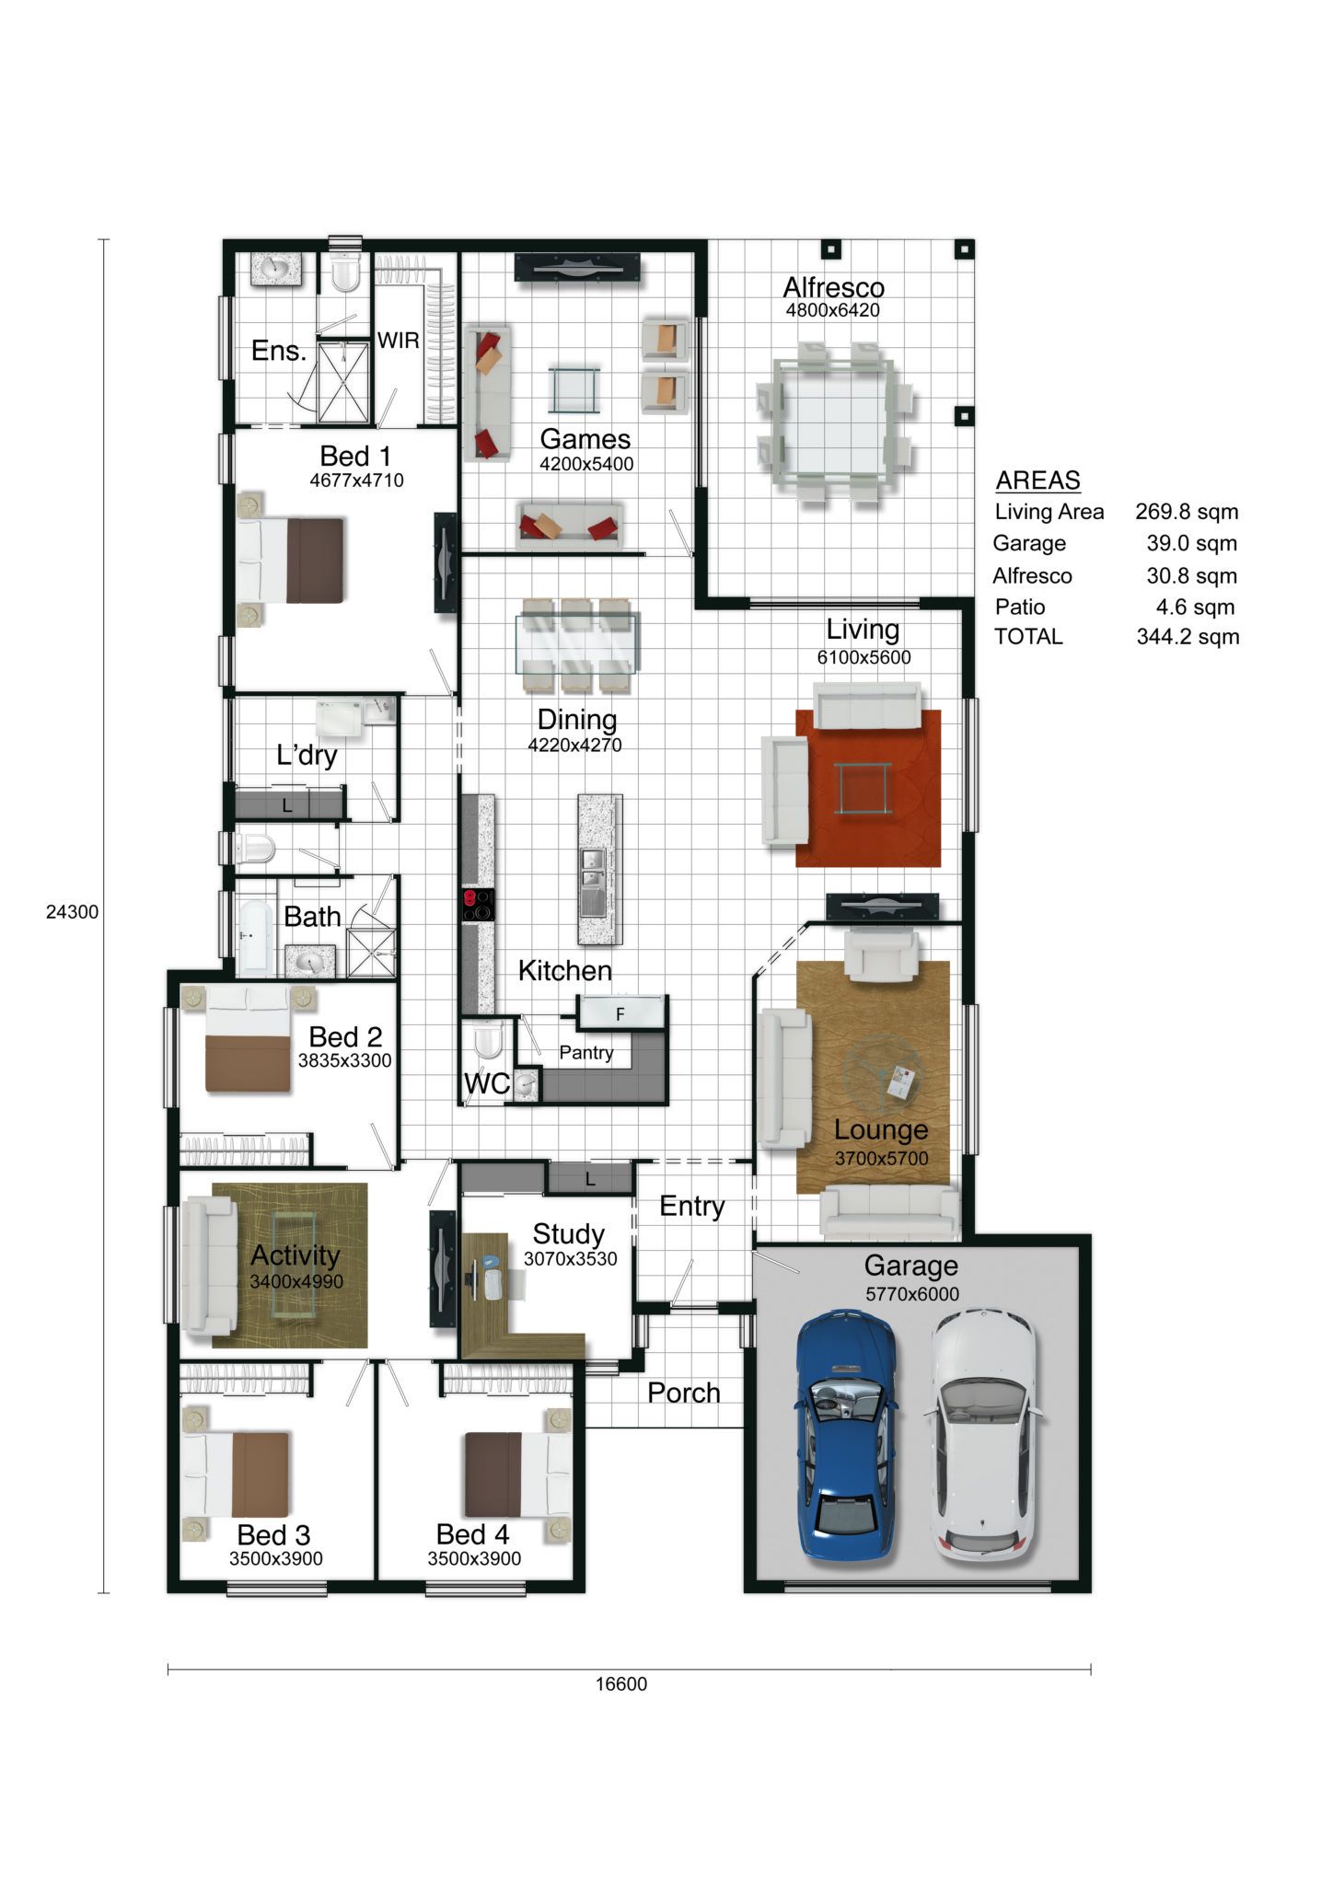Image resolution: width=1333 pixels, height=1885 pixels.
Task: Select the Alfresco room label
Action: pyautogui.click(x=833, y=287)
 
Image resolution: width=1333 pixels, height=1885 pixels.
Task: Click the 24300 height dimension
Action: pyautogui.click(x=72, y=912)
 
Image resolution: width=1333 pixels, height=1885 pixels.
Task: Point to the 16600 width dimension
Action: pyautogui.click(x=621, y=1684)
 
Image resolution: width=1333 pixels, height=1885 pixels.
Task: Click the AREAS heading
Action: pyautogui.click(x=1037, y=480)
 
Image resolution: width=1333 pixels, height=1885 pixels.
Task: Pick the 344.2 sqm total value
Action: pyautogui.click(x=1188, y=637)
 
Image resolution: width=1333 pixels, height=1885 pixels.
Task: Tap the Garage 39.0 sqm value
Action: pyautogui.click(x=1191, y=543)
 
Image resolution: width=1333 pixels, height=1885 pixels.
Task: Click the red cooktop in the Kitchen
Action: pyautogui.click(x=478, y=905)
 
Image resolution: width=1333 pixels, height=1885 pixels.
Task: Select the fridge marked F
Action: pyautogui.click(x=620, y=1013)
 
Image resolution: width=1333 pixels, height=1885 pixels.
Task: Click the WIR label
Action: pyautogui.click(x=398, y=341)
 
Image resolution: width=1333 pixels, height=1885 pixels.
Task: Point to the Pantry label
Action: pyautogui.click(x=586, y=1053)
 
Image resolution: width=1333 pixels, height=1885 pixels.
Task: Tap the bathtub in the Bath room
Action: pyautogui.click(x=252, y=937)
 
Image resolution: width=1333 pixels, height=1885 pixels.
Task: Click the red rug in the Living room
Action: pyautogui.click(x=868, y=788)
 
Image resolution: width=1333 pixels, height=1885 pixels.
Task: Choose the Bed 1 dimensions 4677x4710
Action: pyautogui.click(x=356, y=480)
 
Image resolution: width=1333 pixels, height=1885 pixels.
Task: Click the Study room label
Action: pyautogui.click(x=568, y=1233)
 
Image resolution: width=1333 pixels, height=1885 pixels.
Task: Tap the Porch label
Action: pyautogui.click(x=683, y=1393)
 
